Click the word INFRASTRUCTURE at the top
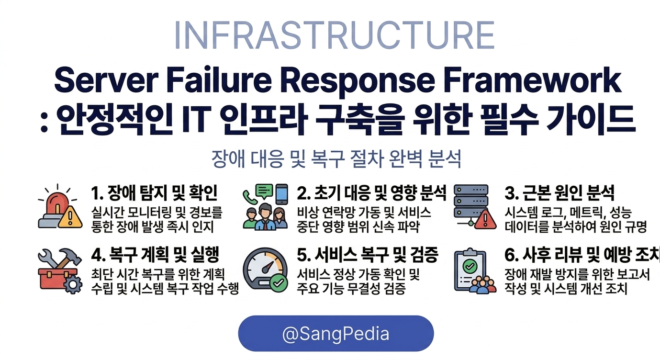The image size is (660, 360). click(334, 34)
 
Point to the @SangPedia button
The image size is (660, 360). click(336, 334)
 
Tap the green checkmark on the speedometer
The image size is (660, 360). click(277, 283)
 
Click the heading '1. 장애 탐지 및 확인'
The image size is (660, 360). click(154, 193)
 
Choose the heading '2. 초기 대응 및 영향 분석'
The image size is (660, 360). click(371, 193)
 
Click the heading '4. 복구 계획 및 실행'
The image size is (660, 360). click(155, 255)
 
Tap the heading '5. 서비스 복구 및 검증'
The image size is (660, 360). click(368, 255)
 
